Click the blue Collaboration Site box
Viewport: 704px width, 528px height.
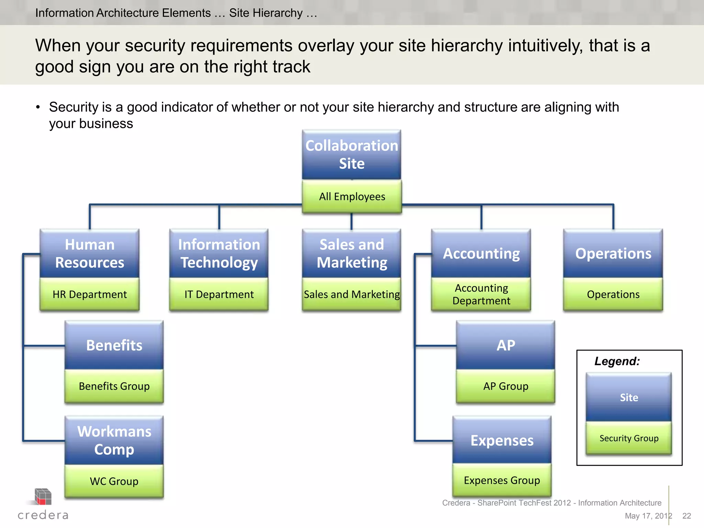(351, 155)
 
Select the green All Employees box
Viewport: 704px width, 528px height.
(352, 197)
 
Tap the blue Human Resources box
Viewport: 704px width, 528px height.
(89, 253)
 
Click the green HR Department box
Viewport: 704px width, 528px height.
(89, 294)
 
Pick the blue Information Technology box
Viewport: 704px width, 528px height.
(219, 253)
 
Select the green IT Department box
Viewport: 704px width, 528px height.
(219, 294)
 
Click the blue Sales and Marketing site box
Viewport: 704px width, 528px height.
(351, 253)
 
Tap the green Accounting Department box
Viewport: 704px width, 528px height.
(481, 294)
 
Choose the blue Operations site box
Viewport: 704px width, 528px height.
(613, 253)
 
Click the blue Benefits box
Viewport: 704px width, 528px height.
(114, 345)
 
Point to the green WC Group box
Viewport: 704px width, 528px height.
(114, 481)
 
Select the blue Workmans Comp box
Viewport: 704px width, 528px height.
(114, 440)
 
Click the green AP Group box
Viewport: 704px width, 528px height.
(505, 386)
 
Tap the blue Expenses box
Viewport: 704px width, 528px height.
(502, 440)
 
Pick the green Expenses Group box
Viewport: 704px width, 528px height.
(502, 480)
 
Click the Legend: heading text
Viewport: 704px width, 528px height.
(617, 361)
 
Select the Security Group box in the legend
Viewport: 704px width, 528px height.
(629, 438)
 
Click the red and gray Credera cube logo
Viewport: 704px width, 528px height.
(43, 497)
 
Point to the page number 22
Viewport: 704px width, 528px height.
(686, 516)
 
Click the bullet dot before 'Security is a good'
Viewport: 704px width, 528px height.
(38, 107)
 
